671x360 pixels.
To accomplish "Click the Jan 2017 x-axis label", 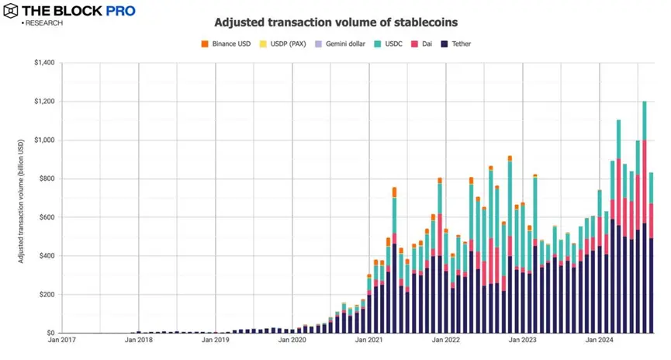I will click(62, 340).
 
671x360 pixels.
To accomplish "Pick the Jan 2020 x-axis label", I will click(292, 340).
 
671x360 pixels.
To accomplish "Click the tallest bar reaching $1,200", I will click(644, 217).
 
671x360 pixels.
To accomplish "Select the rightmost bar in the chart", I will click(651, 256).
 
